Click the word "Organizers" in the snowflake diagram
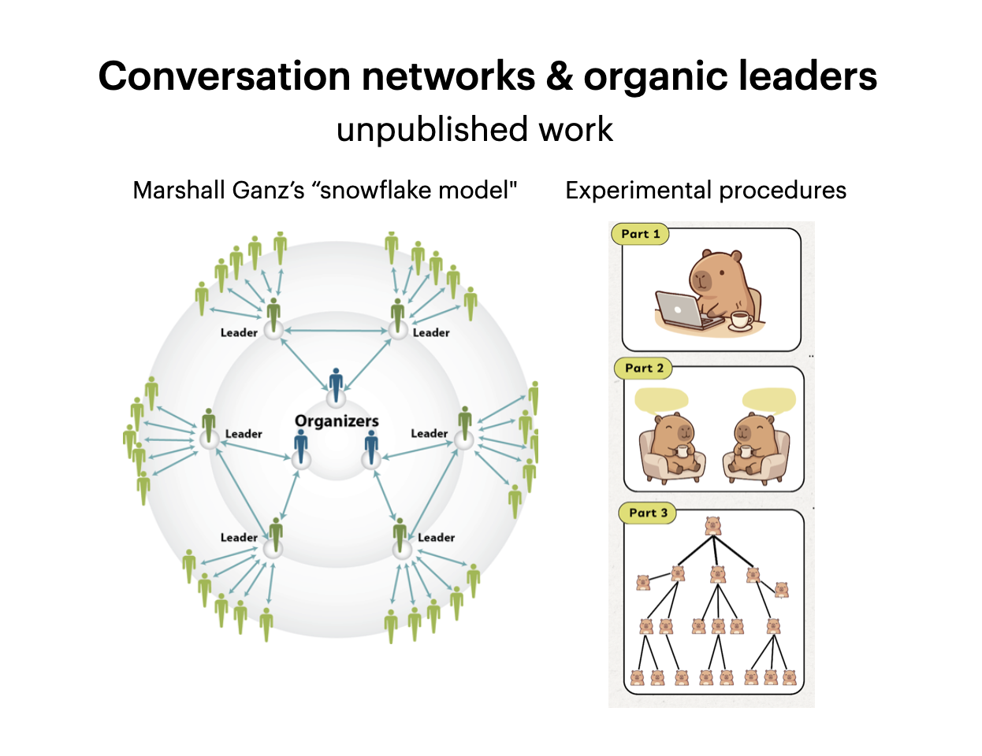[337, 421]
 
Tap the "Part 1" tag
[640, 234]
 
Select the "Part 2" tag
[644, 368]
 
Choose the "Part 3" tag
[648, 513]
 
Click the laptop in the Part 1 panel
[681, 309]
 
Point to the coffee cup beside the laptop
[739, 319]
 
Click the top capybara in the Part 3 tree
[712, 526]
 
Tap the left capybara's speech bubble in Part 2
[660, 400]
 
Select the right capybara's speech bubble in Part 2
[768, 401]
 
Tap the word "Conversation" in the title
[225, 77]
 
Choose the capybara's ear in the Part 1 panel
[735, 256]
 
